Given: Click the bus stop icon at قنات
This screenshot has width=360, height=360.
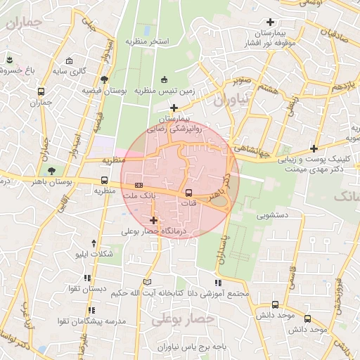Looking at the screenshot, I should click(x=188, y=192).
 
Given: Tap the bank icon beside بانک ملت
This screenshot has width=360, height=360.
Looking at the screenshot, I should click(x=139, y=184).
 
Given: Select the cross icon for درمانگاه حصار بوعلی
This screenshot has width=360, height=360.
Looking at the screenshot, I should click(x=153, y=221).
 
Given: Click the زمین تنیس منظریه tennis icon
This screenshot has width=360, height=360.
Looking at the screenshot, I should click(x=165, y=79).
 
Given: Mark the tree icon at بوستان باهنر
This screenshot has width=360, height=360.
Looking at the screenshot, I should click(x=50, y=170).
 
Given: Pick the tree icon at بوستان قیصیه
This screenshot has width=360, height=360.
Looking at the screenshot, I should click(x=105, y=79).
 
